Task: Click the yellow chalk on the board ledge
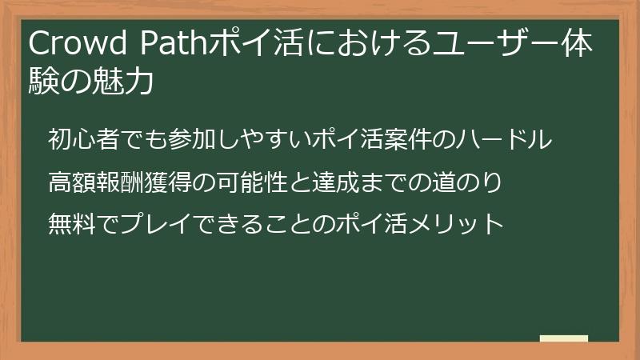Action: click(564, 338)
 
